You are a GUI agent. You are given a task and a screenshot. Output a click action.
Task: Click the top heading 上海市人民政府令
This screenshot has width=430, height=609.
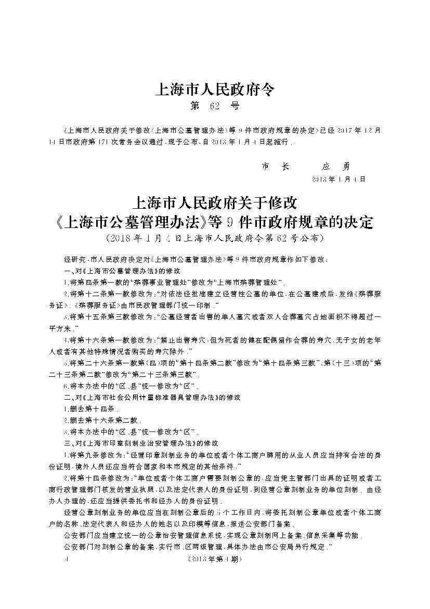(x=215, y=90)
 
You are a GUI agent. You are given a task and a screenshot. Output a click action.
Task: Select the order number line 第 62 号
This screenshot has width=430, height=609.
(x=215, y=107)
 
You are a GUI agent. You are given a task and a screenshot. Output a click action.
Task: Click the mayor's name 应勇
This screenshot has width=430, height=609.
(x=336, y=167)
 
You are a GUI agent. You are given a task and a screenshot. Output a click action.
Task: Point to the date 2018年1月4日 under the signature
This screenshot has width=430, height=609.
(x=338, y=179)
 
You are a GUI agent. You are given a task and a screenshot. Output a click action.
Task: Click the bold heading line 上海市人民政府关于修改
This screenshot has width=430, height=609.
(x=215, y=201)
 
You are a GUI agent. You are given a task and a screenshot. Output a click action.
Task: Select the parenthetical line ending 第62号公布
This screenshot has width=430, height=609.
(x=215, y=239)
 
